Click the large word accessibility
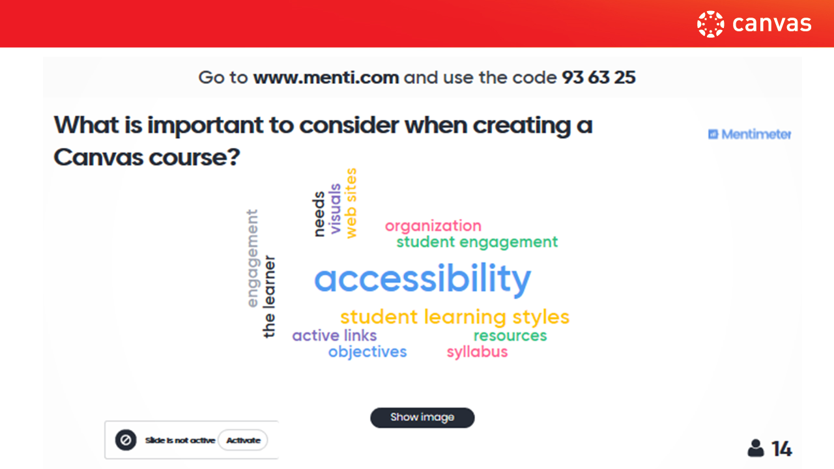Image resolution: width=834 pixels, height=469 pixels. pos(423,279)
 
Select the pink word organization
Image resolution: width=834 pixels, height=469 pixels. pos(433,226)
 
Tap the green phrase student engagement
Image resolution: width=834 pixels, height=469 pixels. pos(477,242)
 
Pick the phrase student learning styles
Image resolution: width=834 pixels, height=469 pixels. pos(455,317)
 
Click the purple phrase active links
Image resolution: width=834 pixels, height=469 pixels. pos(334,335)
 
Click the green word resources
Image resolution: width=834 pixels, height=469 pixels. pos(510,335)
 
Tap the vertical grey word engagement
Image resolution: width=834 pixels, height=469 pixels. pos(253,259)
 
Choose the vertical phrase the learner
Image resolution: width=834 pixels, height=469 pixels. pos(269,296)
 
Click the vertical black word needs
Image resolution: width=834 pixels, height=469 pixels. pos(319,214)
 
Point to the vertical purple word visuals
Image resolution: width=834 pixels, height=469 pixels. pos(336,209)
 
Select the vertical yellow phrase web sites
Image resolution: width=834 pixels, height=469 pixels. pos(351,203)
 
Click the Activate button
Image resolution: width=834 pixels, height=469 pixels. pos(243,440)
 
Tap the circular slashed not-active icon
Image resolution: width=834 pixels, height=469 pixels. pos(126,440)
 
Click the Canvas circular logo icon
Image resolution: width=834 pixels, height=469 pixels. pos(710,24)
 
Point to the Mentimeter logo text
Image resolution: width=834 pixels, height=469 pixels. pos(756,134)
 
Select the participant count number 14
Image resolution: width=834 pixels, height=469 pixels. pos(781,449)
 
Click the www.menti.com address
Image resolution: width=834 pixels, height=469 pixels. pos(326,78)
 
